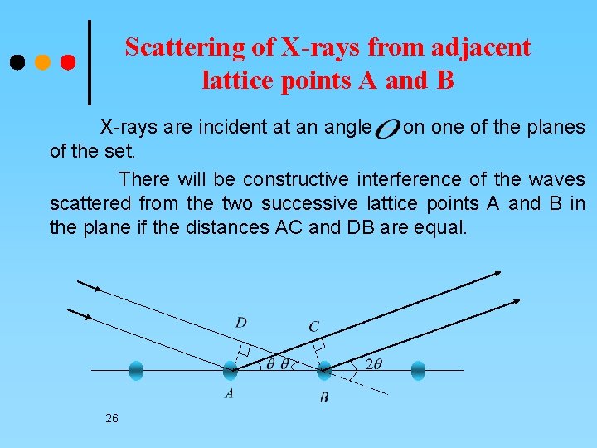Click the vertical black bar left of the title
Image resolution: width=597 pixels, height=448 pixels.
[x=90, y=62]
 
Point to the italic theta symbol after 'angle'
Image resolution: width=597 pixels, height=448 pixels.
[x=386, y=129]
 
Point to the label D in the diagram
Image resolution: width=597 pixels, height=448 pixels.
[x=240, y=322]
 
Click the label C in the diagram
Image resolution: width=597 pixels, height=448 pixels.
[x=313, y=327]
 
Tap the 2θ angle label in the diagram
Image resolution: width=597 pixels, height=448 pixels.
[x=374, y=363]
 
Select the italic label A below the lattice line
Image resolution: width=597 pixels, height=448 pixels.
[x=228, y=394]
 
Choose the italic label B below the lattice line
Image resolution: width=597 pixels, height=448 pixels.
[x=324, y=397]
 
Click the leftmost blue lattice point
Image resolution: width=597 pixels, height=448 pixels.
[x=137, y=370]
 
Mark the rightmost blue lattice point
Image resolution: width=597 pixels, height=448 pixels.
[x=418, y=370]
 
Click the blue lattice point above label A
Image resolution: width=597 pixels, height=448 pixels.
[x=230, y=370]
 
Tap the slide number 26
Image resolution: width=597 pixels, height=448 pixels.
[x=112, y=419]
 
